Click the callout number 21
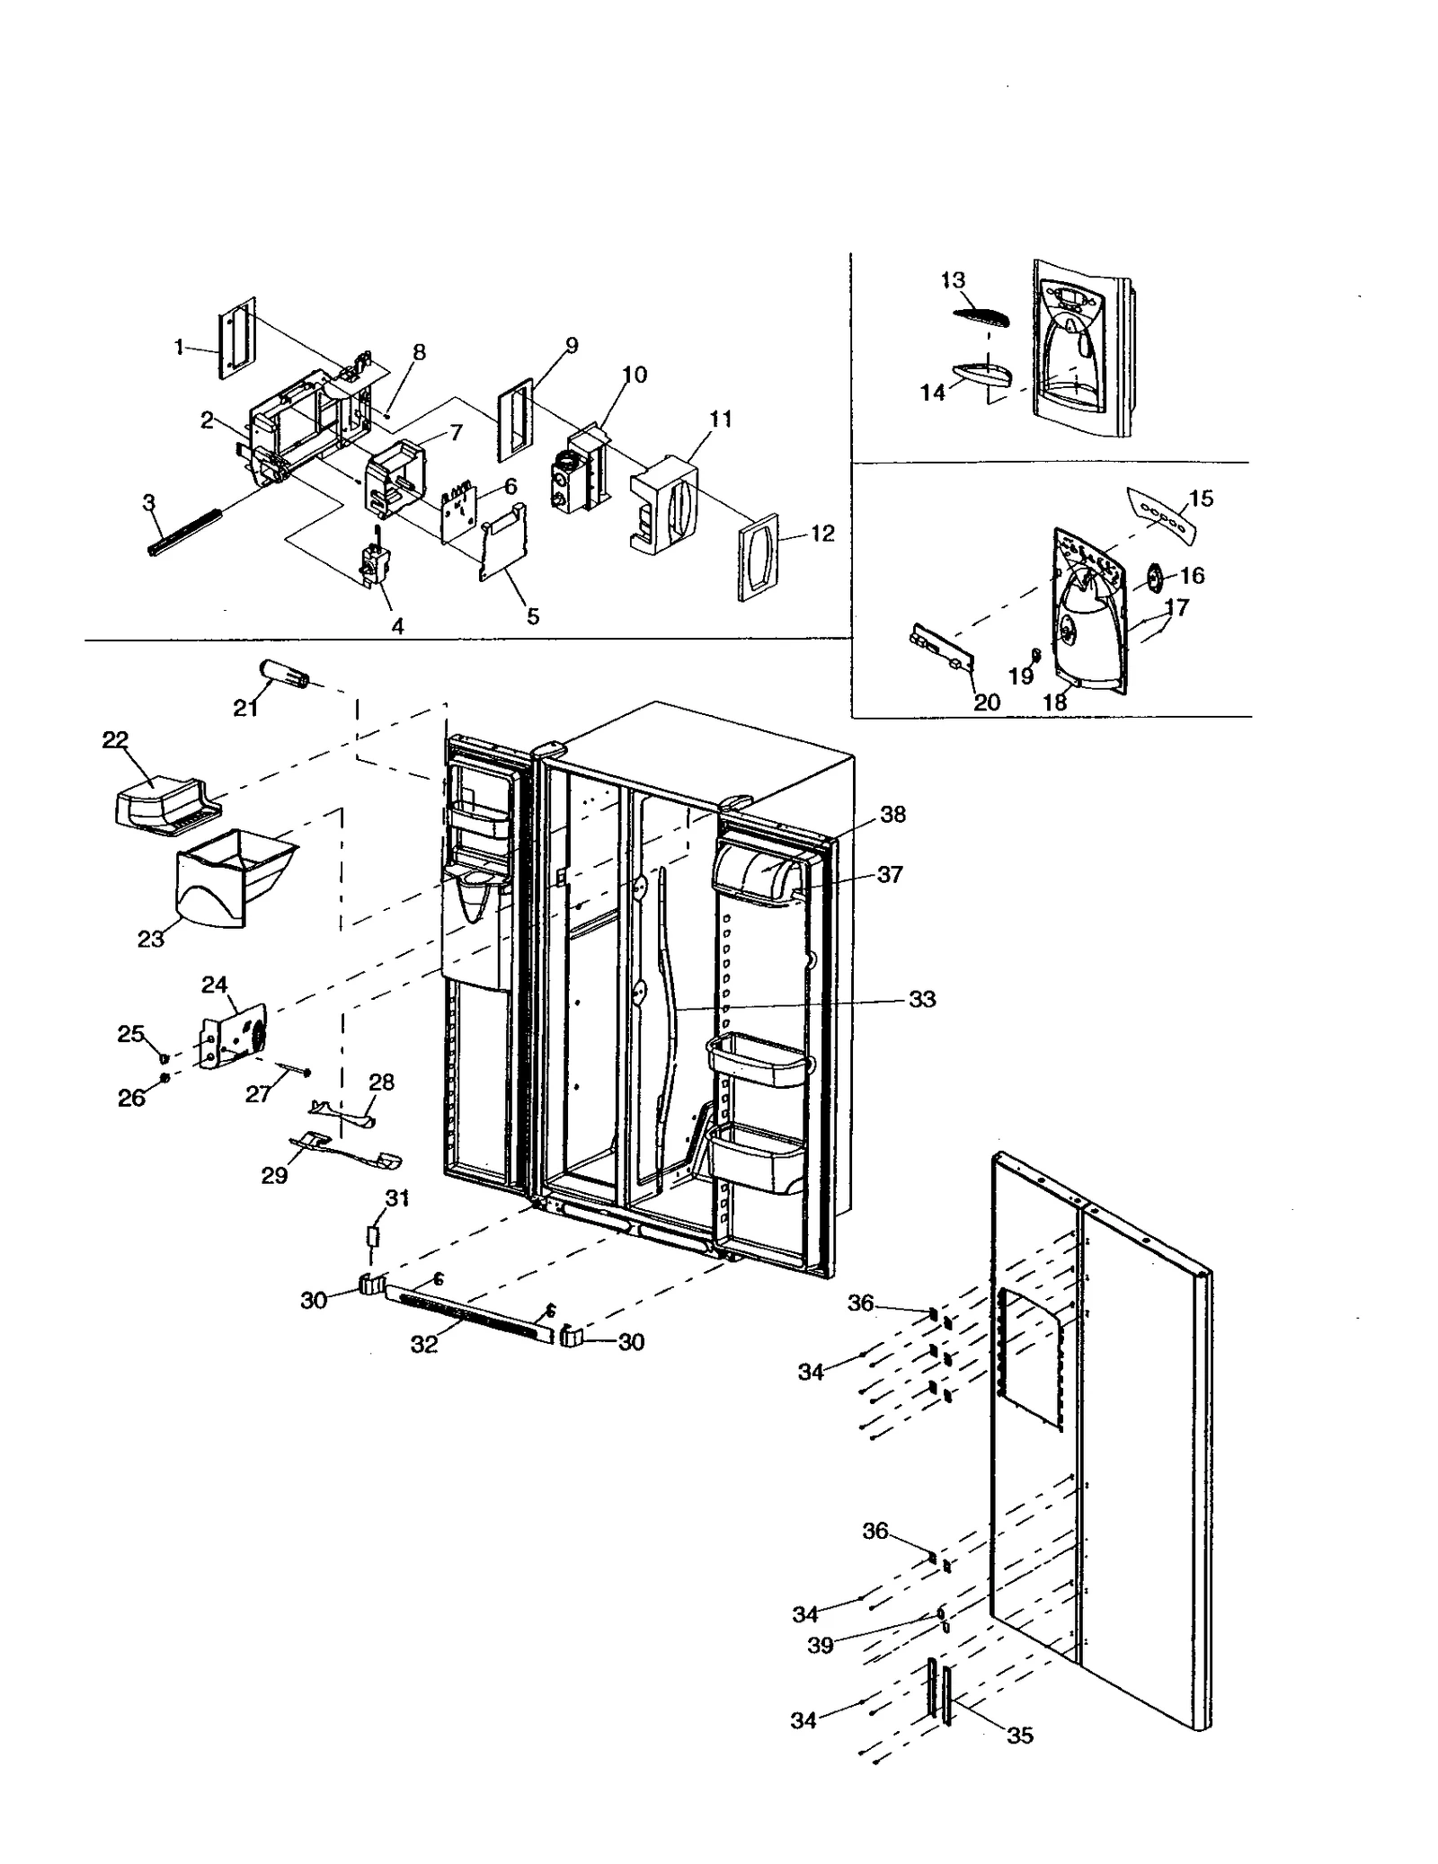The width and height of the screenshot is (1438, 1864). click(x=245, y=709)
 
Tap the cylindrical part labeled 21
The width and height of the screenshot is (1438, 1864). click(x=283, y=673)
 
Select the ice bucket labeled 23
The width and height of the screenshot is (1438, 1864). click(x=235, y=874)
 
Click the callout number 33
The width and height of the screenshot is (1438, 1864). click(x=922, y=999)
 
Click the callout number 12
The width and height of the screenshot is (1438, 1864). click(x=822, y=534)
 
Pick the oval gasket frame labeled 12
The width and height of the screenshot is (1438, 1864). click(x=757, y=558)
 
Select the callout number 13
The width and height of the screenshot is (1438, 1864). click(x=953, y=280)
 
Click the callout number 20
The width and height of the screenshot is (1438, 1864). click(x=987, y=702)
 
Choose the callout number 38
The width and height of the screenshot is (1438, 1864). click(x=892, y=814)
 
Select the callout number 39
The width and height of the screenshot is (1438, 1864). click(x=820, y=1646)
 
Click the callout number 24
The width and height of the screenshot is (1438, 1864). click(x=214, y=985)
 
